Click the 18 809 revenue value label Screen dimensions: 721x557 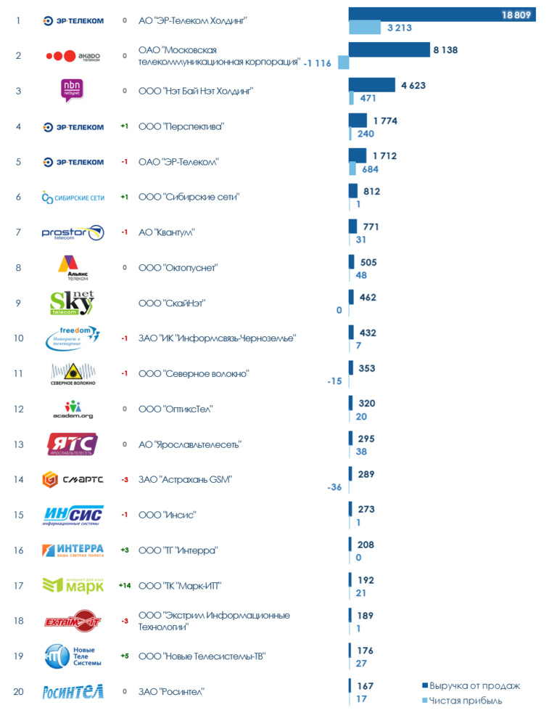516,15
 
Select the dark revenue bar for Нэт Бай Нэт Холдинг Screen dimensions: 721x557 371,85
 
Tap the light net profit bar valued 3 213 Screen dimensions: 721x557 365,28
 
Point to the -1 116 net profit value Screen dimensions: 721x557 318,63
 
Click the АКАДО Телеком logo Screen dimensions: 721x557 73,56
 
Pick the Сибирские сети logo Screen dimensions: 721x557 73,197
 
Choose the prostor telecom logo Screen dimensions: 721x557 73,232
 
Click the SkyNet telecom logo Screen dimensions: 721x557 72,303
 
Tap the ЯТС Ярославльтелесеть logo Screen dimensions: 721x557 73,444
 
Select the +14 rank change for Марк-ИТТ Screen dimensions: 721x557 125,585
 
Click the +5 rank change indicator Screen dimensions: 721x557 125,656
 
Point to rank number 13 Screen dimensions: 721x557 19,444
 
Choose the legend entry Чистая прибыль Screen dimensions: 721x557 465,701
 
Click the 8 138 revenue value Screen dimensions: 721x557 445,50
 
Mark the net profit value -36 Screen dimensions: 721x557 334,487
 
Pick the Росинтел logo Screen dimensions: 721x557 73,691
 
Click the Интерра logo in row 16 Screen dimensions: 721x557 73,550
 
